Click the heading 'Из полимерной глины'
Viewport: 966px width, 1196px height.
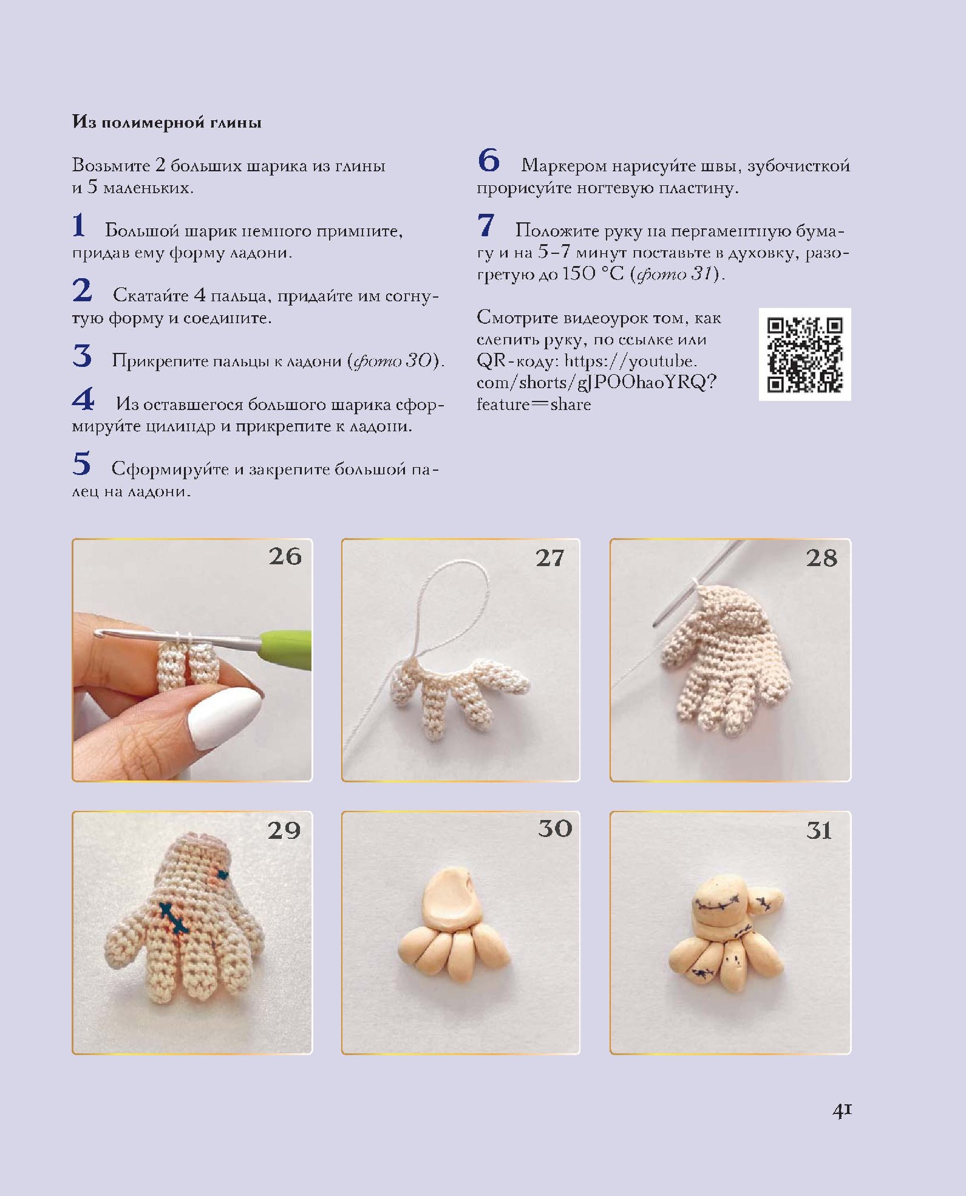click(167, 122)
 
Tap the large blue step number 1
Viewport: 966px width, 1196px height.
click(79, 225)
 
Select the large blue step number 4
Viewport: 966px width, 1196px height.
click(83, 399)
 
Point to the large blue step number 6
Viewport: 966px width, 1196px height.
click(489, 160)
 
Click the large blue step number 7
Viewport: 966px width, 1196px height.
click(486, 225)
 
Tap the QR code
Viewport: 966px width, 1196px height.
click(804, 354)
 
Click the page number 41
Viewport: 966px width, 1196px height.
click(842, 1110)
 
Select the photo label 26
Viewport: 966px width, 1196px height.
click(285, 556)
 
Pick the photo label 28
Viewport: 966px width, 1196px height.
click(821, 558)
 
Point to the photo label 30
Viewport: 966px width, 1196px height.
click(555, 829)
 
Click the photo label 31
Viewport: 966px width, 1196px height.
click(818, 830)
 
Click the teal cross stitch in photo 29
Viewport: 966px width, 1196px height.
click(174, 918)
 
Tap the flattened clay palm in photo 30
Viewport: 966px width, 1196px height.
click(448, 898)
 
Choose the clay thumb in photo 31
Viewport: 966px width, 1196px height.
click(766, 901)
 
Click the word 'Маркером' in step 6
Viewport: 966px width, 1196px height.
click(564, 165)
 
